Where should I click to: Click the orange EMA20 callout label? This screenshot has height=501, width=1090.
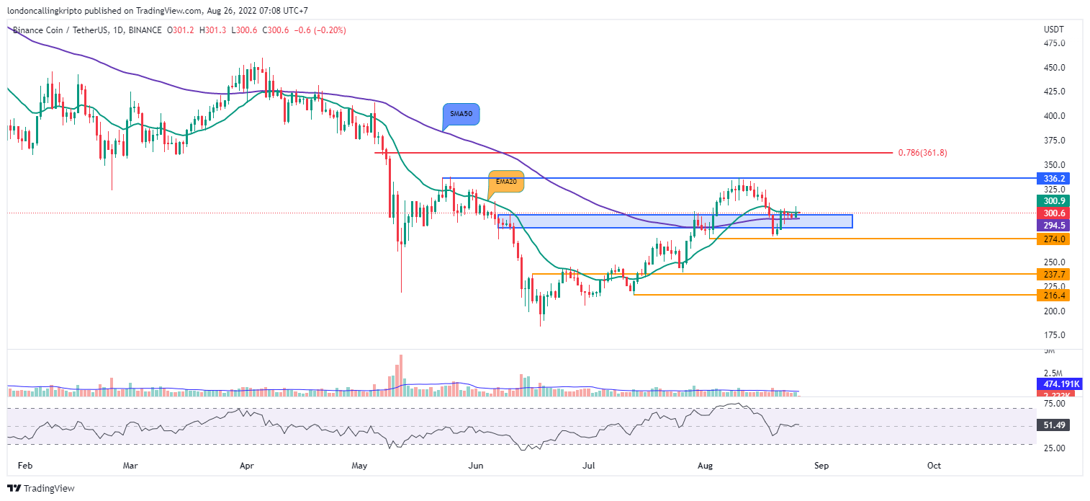(x=506, y=182)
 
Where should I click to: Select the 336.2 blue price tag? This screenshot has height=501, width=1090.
(x=1051, y=178)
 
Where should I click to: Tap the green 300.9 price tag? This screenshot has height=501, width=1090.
(x=1051, y=201)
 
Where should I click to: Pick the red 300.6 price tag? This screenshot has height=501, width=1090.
(x=1051, y=213)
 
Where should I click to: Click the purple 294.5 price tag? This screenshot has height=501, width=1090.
(x=1051, y=226)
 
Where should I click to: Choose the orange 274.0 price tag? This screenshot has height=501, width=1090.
(x=1051, y=239)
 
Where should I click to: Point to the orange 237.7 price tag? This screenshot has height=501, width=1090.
(x=1051, y=274)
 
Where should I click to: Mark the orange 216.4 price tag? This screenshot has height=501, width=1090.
(x=1051, y=295)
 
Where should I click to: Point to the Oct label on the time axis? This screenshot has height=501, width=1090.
(x=934, y=466)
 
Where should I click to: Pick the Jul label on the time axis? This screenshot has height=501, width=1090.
(x=589, y=466)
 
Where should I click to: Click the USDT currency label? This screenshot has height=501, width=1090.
(x=1054, y=30)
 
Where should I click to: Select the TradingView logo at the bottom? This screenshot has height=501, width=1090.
(x=41, y=488)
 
